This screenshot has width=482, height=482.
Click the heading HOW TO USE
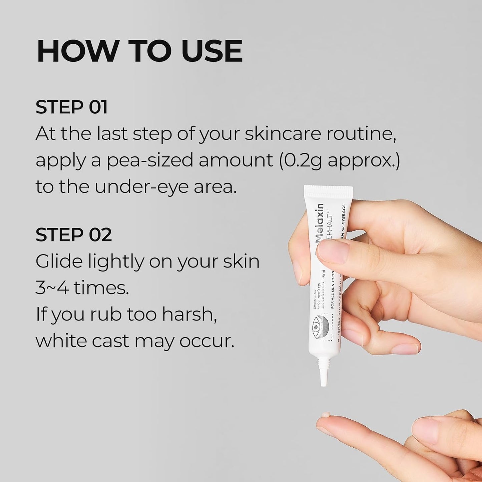coord(139,51)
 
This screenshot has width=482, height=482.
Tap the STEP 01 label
coord(71,107)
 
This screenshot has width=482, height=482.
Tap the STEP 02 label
coord(73,235)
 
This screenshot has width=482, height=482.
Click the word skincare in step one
coord(283,134)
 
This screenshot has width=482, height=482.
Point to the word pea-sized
coord(150,161)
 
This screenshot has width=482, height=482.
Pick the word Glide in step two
coord(59,261)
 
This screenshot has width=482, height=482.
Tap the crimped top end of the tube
coord(328,191)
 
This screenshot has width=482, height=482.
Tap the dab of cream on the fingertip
coord(325,415)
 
